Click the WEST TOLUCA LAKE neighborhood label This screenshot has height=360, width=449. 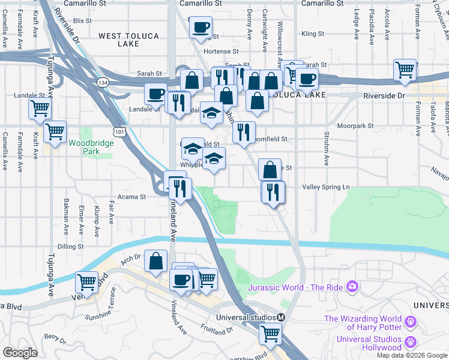pos(128,40)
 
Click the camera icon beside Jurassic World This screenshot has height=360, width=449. pos(352,287)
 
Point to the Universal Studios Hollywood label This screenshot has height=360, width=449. pos(369,343)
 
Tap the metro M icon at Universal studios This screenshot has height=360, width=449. pos(281,317)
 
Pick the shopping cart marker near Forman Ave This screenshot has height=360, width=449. pos(405,70)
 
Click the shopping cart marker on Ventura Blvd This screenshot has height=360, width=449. pos(88,281)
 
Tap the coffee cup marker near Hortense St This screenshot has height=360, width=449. pos(200,26)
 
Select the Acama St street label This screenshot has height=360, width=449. pos(134,197)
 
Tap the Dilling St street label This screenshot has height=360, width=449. pos(71,246)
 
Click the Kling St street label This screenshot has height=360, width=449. pos(313,34)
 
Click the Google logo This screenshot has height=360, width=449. pos(20,353)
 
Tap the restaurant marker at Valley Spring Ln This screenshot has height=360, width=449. pos(273,192)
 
